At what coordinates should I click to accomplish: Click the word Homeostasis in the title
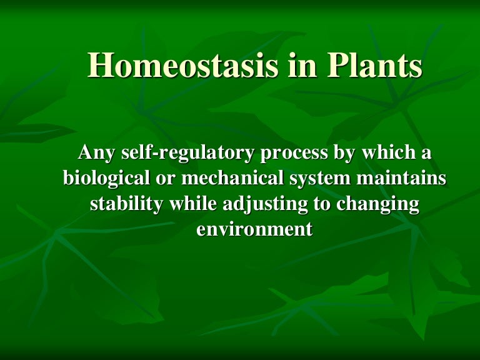point(183,64)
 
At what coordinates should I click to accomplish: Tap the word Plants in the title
point(375,64)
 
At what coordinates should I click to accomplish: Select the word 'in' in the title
point(302,64)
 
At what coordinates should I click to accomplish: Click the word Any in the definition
point(96,153)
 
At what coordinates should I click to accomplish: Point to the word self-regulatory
point(187,153)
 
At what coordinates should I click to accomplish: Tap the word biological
point(106,179)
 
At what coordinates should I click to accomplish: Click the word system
point(320,179)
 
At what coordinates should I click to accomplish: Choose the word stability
point(126,204)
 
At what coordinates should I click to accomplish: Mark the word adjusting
point(265,204)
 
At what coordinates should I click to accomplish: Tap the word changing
point(377,204)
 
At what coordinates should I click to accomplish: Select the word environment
point(254,229)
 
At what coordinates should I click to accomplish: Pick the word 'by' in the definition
point(345,153)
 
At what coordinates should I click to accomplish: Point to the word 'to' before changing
point(322,204)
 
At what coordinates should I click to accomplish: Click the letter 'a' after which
point(426,154)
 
